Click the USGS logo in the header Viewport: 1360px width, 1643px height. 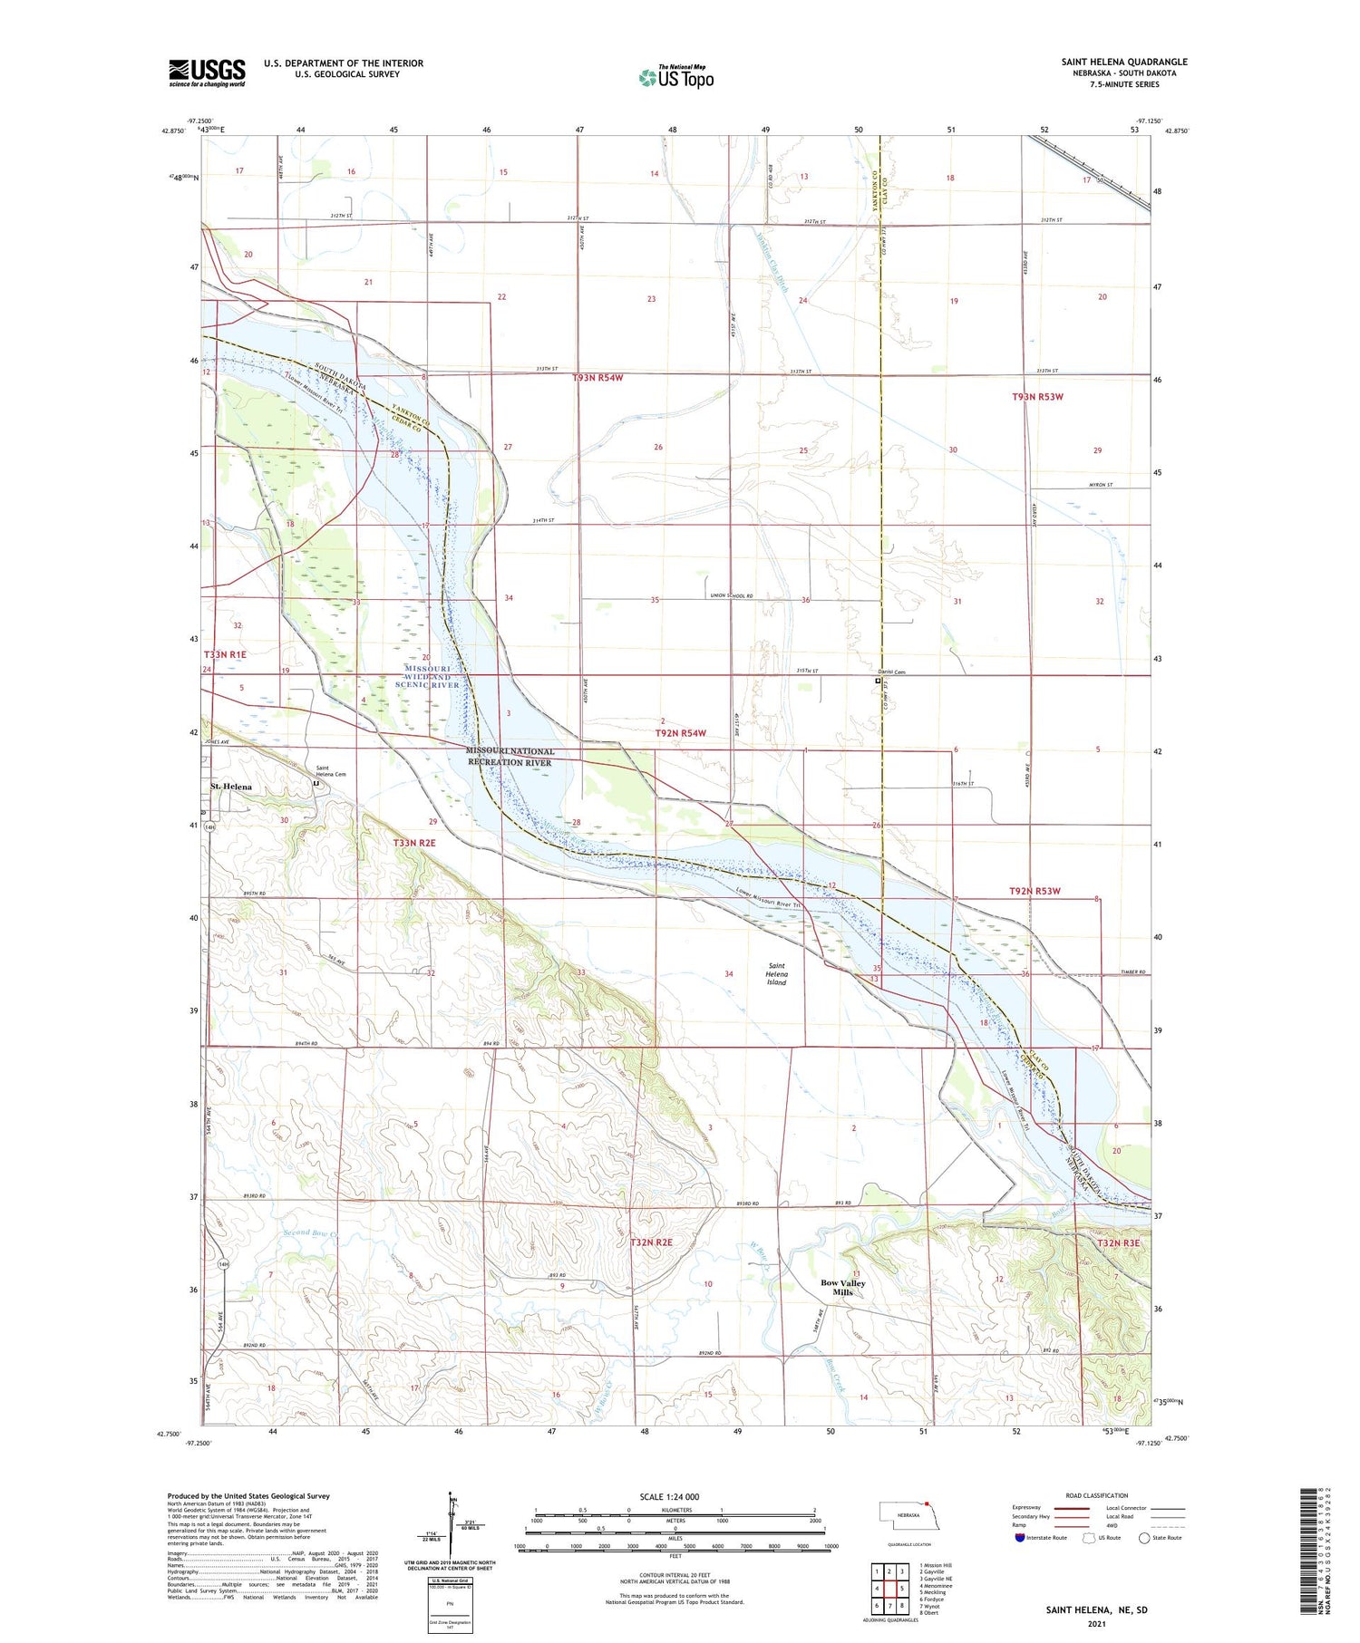pyautogui.click(x=207, y=72)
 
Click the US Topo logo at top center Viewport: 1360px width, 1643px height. pyautogui.click(x=675, y=77)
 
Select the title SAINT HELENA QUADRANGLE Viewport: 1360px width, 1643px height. pyautogui.click(x=1124, y=62)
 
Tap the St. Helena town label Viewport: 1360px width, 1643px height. pyautogui.click(x=231, y=787)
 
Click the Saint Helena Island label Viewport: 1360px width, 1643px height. pyautogui.click(x=777, y=974)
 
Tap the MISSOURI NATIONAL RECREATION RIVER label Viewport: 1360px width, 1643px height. pyautogui.click(x=510, y=757)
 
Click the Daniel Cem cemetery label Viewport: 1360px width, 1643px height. pyautogui.click(x=894, y=672)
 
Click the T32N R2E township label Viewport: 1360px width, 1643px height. pyautogui.click(x=651, y=1242)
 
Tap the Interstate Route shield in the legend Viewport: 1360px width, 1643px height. pyautogui.click(x=1020, y=1538)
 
